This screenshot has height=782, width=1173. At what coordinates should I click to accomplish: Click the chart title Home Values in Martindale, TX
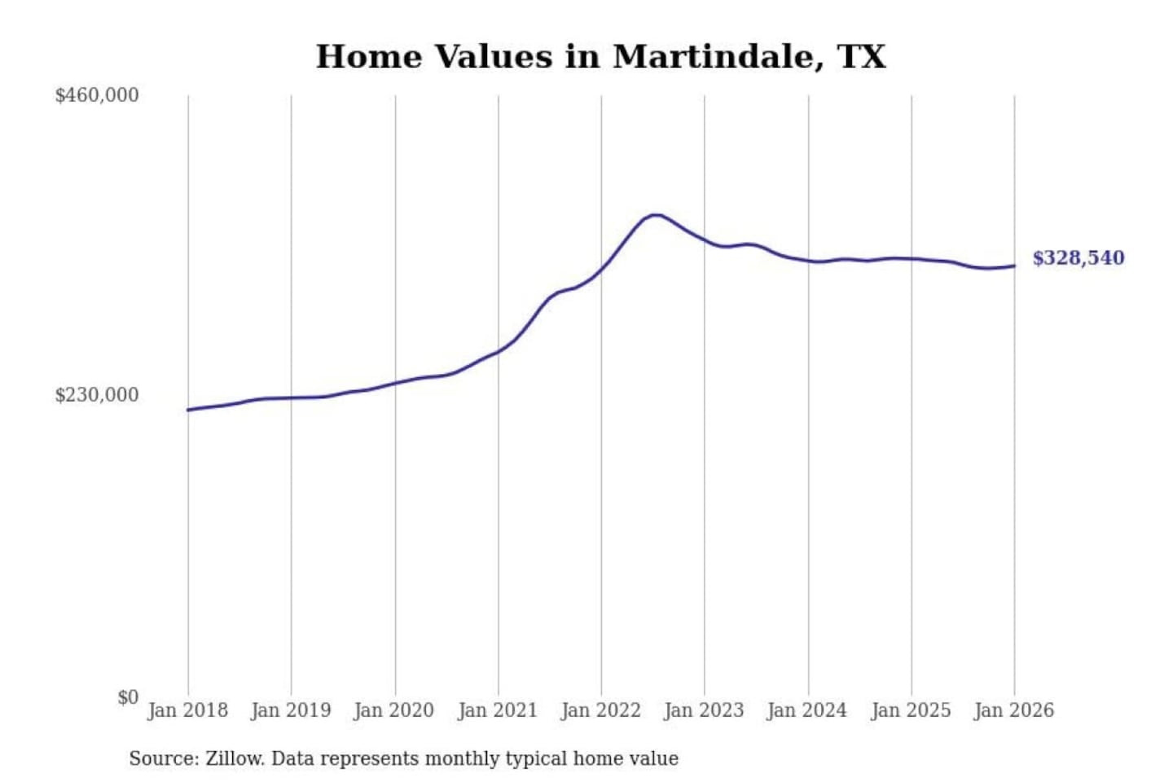click(x=600, y=57)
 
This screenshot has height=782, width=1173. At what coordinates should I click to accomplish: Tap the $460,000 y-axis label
click(x=97, y=95)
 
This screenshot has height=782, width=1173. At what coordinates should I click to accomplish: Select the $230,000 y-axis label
click(x=97, y=395)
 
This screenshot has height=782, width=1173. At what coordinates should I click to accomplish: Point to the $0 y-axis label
click(x=128, y=697)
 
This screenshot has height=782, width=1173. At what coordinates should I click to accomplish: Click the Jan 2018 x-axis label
click(x=187, y=710)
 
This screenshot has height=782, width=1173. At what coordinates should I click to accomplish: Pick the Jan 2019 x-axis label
click(x=291, y=710)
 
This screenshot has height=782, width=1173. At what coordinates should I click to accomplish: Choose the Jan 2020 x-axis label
click(x=394, y=710)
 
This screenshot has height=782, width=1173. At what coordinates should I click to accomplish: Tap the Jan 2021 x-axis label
click(x=498, y=710)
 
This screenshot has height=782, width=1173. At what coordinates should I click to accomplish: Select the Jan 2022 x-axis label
click(x=601, y=710)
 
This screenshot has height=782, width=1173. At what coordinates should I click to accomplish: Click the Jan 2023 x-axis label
click(x=704, y=710)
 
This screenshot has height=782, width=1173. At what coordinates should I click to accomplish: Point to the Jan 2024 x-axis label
click(x=807, y=710)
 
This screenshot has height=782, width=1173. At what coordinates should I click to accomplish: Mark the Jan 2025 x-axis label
click(x=911, y=710)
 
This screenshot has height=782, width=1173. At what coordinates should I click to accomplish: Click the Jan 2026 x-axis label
click(x=1014, y=710)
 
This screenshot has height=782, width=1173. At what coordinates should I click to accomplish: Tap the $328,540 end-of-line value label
click(x=1078, y=258)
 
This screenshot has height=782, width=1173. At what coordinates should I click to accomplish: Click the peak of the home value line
click(x=655, y=215)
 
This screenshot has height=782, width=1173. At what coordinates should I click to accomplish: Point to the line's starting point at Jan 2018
click(x=188, y=410)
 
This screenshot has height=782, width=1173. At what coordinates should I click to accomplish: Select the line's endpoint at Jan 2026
click(x=1014, y=266)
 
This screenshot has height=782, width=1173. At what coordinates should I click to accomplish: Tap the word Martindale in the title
click(x=713, y=57)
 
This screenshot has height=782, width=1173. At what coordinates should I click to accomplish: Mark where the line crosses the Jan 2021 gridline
click(x=499, y=351)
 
